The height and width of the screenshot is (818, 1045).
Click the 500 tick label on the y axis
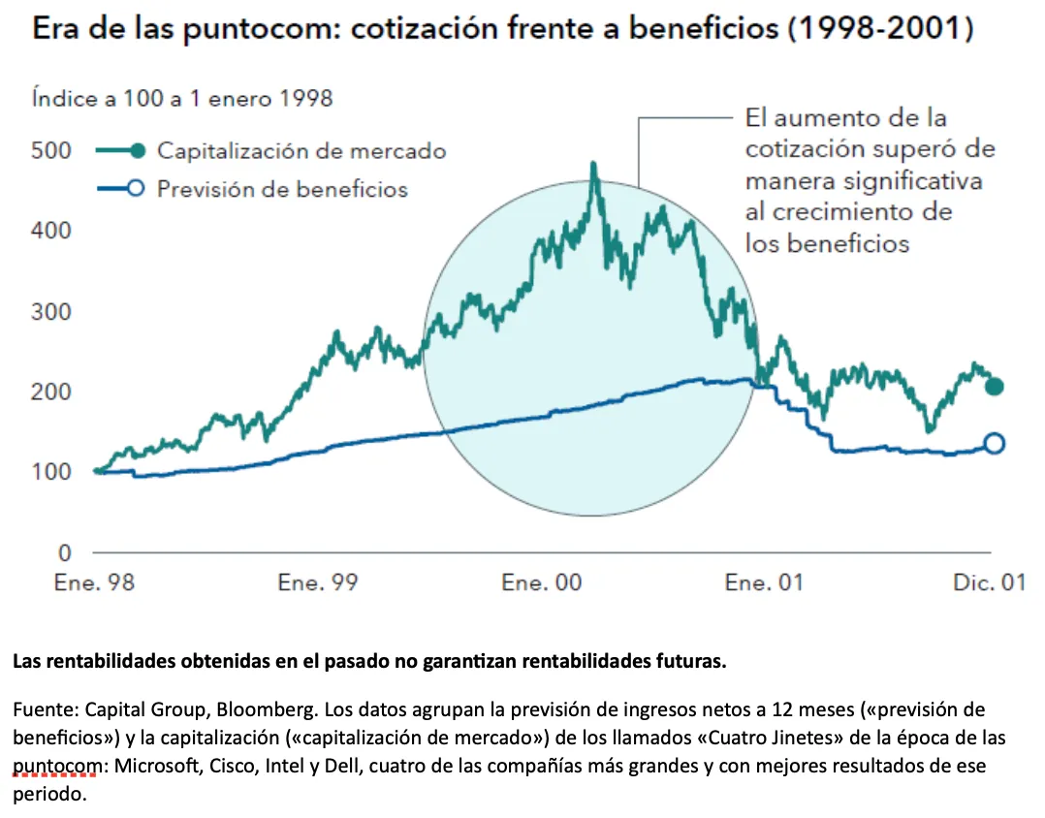click(x=52, y=151)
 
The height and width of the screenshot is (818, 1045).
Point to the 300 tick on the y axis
click(x=52, y=312)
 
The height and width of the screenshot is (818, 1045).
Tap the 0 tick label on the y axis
click(x=65, y=553)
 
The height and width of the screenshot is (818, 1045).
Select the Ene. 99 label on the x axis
click(x=317, y=582)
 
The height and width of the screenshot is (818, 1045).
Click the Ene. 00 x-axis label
click(x=542, y=582)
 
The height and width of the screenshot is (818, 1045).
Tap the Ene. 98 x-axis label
click(x=94, y=582)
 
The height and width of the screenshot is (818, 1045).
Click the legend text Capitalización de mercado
click(x=301, y=151)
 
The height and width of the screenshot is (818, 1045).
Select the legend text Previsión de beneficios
click(x=282, y=189)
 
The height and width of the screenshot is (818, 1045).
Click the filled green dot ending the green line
click(x=994, y=387)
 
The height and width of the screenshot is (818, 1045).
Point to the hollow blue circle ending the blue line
click(x=994, y=444)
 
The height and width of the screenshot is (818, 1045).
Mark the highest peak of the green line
click(x=594, y=164)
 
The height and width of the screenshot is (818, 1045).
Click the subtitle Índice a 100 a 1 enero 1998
click(x=182, y=98)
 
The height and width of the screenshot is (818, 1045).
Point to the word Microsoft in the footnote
click(x=151, y=766)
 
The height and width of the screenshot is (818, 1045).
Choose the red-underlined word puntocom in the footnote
click(x=57, y=766)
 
